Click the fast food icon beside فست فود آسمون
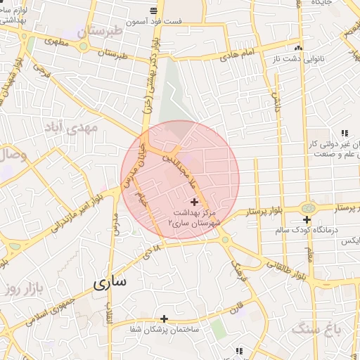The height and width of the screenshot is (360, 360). coord(153,10)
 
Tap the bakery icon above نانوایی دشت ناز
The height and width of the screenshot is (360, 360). coord(300,48)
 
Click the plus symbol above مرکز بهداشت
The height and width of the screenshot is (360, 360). coord(194,202)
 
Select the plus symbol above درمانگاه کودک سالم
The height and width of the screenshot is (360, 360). coord(307,219)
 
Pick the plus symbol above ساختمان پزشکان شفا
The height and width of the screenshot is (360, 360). coord(164,319)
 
